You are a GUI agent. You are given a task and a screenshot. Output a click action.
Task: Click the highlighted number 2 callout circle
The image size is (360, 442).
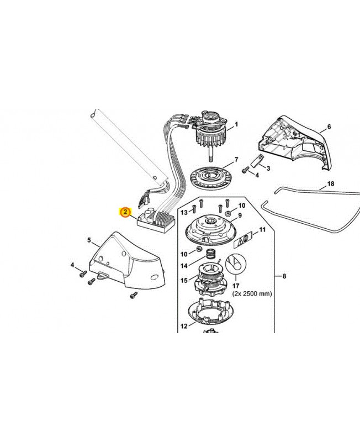(126, 212)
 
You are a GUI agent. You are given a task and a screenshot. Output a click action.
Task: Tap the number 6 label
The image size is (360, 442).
(329, 127)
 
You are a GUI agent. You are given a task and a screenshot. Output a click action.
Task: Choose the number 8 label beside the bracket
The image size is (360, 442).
(284, 276)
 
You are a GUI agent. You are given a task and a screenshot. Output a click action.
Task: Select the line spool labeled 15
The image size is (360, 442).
(208, 276)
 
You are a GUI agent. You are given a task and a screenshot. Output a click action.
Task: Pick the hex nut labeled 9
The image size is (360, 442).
(227, 213)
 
